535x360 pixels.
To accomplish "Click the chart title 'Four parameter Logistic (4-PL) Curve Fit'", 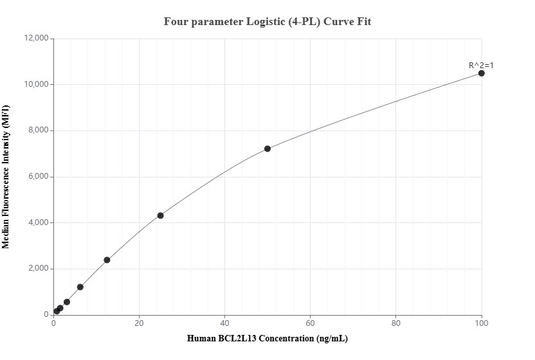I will click(267, 21).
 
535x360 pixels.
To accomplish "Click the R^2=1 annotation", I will click(481, 65).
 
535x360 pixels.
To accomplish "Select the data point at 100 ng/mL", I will click(482, 73).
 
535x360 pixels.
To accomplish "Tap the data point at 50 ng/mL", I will click(267, 148).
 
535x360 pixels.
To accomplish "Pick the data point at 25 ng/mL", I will click(160, 215).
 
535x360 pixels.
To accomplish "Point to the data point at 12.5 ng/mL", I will click(107, 260).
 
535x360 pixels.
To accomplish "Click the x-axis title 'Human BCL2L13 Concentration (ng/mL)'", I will click(267, 338).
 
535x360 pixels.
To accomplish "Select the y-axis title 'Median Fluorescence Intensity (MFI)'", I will click(6, 177).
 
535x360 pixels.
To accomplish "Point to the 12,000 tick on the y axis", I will click(37, 39).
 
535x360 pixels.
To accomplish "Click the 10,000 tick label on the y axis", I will click(37, 85).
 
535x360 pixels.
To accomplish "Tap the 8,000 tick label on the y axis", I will click(39, 130).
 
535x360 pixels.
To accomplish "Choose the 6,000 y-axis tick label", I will click(39, 177).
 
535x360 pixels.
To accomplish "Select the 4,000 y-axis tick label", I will click(39, 223).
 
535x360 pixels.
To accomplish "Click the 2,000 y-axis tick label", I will click(39, 269).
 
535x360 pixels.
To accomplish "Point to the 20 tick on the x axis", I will click(139, 323).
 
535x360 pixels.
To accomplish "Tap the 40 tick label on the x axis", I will click(224, 323).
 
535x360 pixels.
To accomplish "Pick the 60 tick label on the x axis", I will click(311, 323).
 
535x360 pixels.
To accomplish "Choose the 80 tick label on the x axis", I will click(396, 323).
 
